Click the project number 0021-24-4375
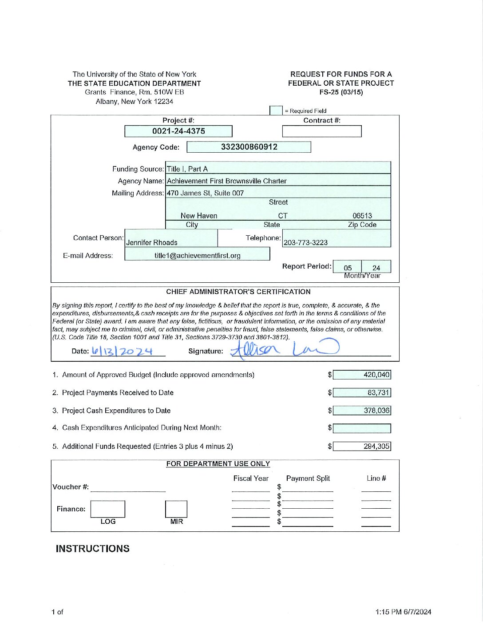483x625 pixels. pyautogui.click(x=178, y=131)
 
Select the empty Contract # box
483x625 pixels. pyautogui.click(x=322, y=131)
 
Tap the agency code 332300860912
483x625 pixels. pyautogui.click(x=249, y=147)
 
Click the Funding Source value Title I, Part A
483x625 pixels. pyautogui.click(x=187, y=169)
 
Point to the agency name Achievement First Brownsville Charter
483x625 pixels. pyautogui.click(x=227, y=181)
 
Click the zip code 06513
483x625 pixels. pyautogui.click(x=362, y=216)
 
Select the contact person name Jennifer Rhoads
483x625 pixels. pyautogui.click(x=152, y=242)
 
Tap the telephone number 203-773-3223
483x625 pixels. pyautogui.click(x=306, y=242)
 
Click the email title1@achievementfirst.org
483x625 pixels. pyautogui.click(x=198, y=256)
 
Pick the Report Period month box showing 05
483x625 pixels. pyautogui.click(x=348, y=268)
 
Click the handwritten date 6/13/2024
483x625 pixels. pyautogui.click(x=122, y=352)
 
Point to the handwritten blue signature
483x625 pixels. pyautogui.click(x=285, y=349)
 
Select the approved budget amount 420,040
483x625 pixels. pyautogui.click(x=362, y=375)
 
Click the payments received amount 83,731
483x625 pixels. pyautogui.click(x=362, y=393)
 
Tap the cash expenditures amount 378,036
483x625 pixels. pyautogui.click(x=362, y=411)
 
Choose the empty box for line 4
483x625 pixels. pyautogui.click(x=362, y=428)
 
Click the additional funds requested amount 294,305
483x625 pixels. pyautogui.click(x=362, y=447)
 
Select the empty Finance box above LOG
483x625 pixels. pyautogui.click(x=108, y=509)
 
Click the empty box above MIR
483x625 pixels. pyautogui.click(x=176, y=509)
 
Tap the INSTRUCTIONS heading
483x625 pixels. pyautogui.click(x=93, y=549)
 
